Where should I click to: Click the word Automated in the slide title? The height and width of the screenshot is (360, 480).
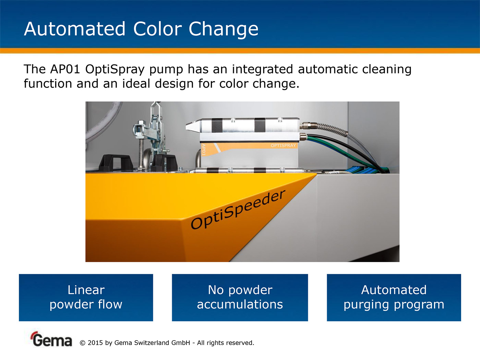pyautogui.click(x=74, y=29)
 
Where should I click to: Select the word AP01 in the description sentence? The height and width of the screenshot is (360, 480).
pyautogui.click(x=65, y=69)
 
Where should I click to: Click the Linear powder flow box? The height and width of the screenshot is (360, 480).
pyautogui.click(x=86, y=298)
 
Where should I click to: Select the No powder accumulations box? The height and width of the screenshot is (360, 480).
pyautogui.click(x=240, y=298)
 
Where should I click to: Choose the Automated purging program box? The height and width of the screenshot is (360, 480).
pyautogui.click(x=394, y=298)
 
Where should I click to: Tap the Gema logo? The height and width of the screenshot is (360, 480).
pyautogui.click(x=51, y=339)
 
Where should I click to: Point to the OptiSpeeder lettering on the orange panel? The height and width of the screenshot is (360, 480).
pyautogui.click(x=238, y=209)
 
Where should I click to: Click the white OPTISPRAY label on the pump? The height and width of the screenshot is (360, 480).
pyautogui.click(x=283, y=146)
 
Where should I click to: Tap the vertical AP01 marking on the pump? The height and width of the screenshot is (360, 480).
pyautogui.click(x=204, y=149)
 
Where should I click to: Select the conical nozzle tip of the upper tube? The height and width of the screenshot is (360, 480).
pyautogui.click(x=193, y=126)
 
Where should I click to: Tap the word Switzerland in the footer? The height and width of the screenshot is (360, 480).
pyautogui.click(x=162, y=343)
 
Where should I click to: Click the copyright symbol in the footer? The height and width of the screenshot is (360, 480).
pyautogui.click(x=82, y=343)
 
